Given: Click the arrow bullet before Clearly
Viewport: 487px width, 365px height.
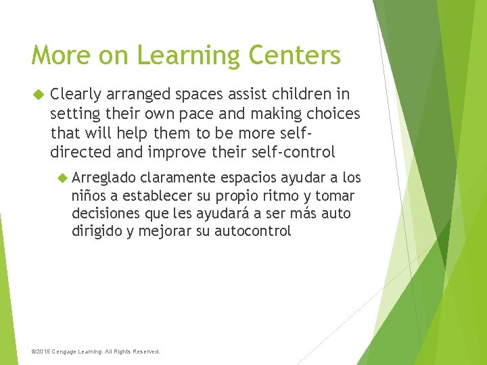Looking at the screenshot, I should coord(39,94).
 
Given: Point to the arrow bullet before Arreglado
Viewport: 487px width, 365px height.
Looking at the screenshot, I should coord(62,178).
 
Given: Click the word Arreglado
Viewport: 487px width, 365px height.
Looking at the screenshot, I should coord(103,178).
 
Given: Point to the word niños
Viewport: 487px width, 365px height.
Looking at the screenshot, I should coord(87,196).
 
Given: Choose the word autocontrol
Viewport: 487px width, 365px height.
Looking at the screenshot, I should coord(252,231).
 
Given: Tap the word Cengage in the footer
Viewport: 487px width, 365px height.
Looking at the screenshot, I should coord(66,351).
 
